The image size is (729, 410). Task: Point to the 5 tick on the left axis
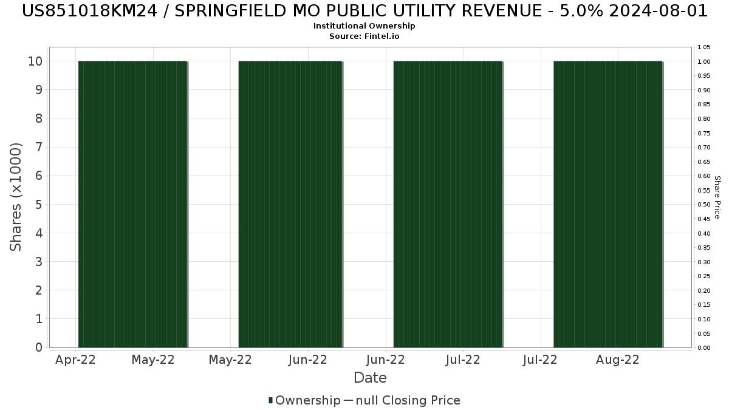coord(38,205)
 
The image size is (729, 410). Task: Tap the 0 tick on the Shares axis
coord(38,348)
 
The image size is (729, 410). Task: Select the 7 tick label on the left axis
coord(38,148)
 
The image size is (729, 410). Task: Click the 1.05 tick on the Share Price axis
coord(704,47)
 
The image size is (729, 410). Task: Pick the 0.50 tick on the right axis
coord(704,205)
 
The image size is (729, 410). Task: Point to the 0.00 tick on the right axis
coord(704,348)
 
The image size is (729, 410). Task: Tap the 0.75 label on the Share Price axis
coord(704,134)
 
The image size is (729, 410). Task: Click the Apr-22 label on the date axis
coord(75,360)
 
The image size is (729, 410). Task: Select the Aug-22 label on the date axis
coord(618,360)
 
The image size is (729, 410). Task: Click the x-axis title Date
coord(370,378)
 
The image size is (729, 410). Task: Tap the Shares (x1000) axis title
coord(16,197)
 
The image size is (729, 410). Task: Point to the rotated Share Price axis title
coord(717,197)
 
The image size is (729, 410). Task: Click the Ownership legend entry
coord(307,400)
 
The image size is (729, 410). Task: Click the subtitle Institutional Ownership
coord(364,26)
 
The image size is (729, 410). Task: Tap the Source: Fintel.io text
coord(364,36)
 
